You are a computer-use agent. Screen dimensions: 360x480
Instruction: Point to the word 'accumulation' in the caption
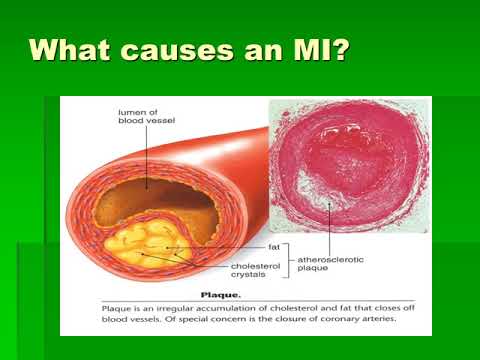click(200, 309)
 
